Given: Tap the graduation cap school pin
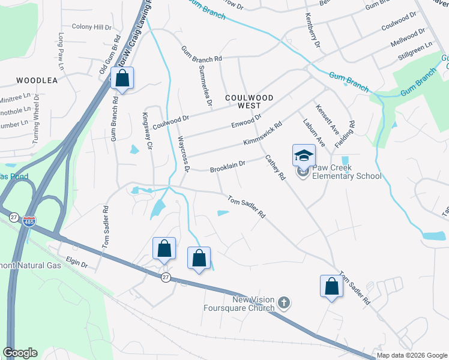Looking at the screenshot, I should (x=303, y=155).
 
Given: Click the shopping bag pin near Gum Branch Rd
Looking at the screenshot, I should (x=122, y=78).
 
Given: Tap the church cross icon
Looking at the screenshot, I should (x=285, y=303).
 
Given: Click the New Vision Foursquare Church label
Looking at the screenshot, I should (x=253, y=304).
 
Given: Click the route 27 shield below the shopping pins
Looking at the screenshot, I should (x=165, y=277).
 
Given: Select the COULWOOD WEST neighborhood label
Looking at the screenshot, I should (x=249, y=101).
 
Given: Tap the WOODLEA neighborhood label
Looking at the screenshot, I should (x=37, y=80).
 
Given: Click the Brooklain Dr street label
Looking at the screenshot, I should (x=228, y=166).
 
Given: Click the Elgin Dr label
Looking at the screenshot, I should (x=77, y=263).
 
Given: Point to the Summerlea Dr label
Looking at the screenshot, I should (x=204, y=86).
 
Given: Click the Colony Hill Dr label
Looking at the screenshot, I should (x=92, y=27).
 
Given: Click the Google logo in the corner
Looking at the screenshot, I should (x=20, y=353).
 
